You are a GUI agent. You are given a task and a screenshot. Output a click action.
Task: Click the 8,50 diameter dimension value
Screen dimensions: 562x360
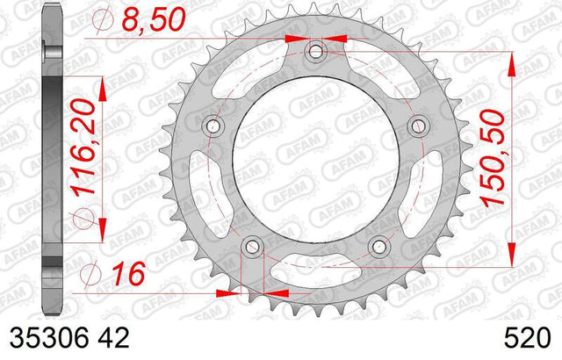point(154,20)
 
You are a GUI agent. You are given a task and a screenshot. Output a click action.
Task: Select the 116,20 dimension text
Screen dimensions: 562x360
point(84,148)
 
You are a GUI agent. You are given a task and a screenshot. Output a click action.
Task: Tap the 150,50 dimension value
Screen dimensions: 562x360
point(492,159)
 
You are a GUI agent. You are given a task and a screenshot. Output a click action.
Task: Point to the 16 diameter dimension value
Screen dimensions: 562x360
point(128,274)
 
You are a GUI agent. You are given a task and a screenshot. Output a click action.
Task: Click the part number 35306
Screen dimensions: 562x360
point(49,338)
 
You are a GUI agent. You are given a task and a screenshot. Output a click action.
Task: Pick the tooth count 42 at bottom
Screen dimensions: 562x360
point(113,338)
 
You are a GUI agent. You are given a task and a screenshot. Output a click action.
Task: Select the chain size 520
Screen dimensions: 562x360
point(527,338)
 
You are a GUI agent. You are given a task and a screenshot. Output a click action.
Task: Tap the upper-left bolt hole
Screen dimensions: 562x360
point(213,126)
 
